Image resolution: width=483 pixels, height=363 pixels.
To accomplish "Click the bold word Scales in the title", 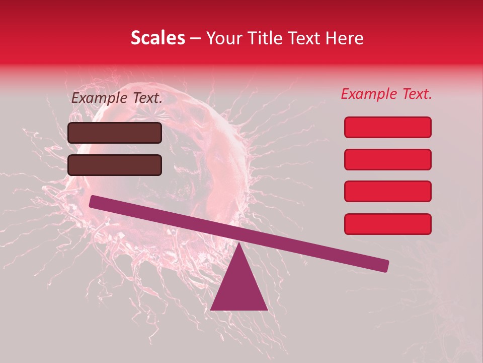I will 157,38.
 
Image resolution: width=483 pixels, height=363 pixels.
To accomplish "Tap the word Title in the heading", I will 263,38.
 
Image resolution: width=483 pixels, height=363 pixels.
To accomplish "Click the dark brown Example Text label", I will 117,98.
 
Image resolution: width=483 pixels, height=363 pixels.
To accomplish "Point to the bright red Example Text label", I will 386,94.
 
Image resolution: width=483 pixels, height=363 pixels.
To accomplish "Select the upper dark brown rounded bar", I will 115,133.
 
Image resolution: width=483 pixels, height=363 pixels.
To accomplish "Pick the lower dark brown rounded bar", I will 115,165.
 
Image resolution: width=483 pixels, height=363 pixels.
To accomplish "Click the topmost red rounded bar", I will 388,127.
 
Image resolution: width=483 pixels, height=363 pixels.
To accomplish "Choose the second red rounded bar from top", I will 388,159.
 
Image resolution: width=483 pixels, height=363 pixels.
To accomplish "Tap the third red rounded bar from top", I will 388,192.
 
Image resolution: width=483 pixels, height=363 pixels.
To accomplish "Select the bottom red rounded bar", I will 388,224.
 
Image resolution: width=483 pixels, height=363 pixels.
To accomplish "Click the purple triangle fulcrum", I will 239,287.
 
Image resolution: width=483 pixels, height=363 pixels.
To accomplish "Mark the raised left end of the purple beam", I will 94,202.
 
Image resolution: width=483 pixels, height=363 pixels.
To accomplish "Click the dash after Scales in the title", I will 196,38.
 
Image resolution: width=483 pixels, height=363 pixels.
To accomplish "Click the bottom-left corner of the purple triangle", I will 211,310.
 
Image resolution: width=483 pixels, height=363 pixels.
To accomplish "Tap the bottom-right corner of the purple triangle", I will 267,310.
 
